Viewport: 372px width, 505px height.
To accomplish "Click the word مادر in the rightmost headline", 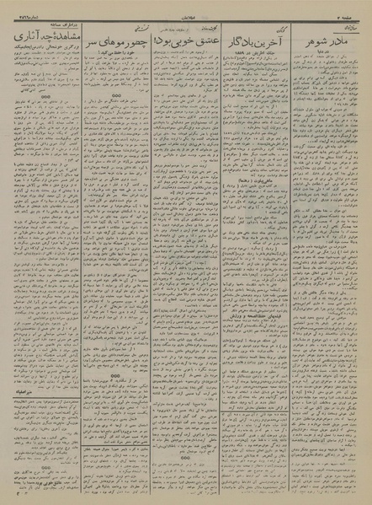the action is click(341, 38).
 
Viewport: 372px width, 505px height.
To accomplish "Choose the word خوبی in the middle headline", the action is click(173, 38).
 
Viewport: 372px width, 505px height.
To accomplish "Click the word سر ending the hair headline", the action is click(89, 39).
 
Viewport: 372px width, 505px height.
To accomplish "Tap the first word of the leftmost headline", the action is click(59, 39).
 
